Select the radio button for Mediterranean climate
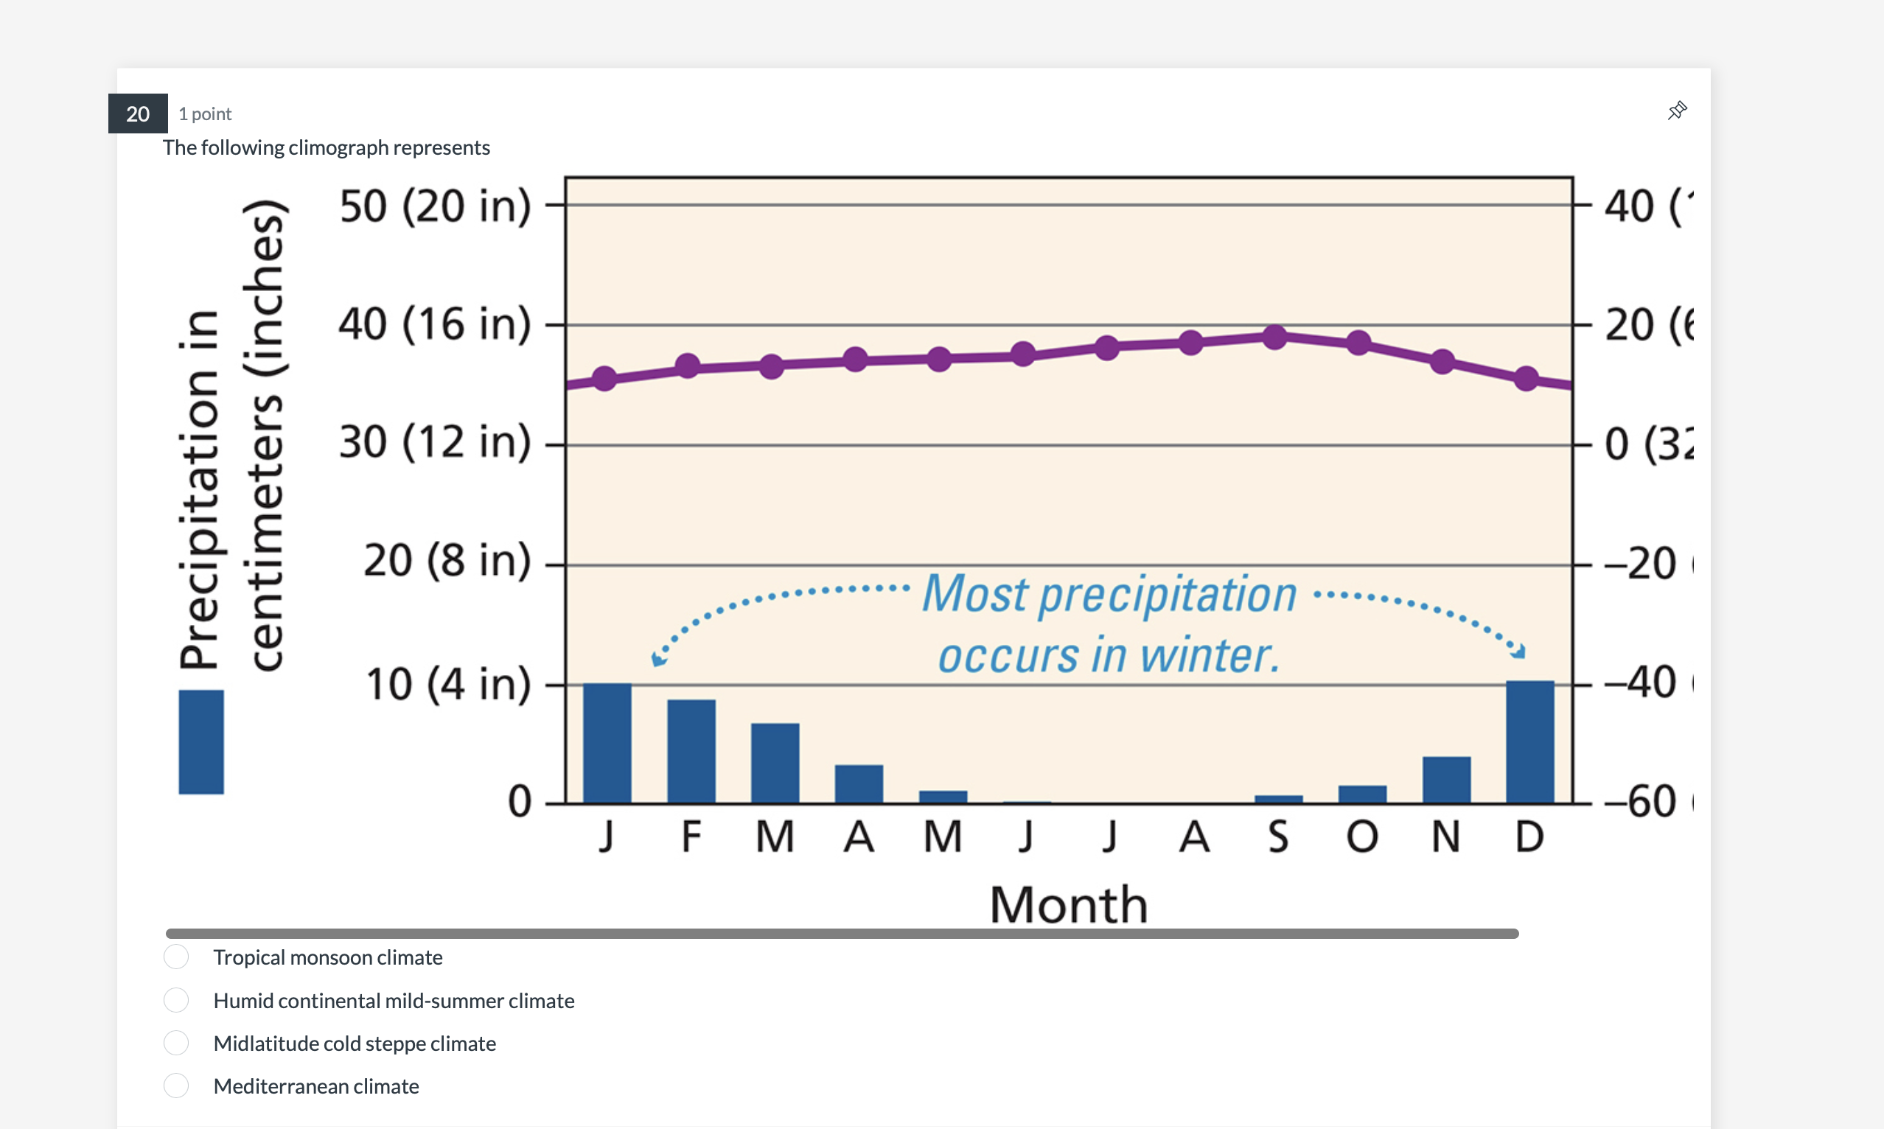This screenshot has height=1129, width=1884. click(x=175, y=1086)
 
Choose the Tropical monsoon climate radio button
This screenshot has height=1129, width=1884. click(x=175, y=957)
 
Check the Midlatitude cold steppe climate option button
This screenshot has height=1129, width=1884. click(x=175, y=1042)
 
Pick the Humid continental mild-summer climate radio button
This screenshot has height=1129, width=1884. click(x=175, y=1000)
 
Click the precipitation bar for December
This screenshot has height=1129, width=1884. click(x=1529, y=742)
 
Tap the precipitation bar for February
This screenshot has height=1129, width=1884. click(x=691, y=751)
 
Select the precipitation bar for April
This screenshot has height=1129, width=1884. click(x=858, y=783)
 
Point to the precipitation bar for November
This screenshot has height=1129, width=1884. click(x=1445, y=780)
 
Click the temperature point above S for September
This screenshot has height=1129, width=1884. click(x=1274, y=337)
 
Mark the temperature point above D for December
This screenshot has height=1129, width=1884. click(x=1526, y=378)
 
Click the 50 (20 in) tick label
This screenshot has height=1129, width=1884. click(x=434, y=206)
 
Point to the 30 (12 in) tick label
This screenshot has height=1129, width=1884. click(x=434, y=442)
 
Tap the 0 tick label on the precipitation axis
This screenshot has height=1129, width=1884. click(x=520, y=801)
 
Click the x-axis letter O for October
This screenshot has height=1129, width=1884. click(x=1362, y=837)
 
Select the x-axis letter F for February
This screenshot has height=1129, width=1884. click(x=691, y=837)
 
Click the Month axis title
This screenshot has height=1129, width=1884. click(x=1067, y=904)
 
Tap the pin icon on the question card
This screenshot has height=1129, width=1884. click(x=1677, y=111)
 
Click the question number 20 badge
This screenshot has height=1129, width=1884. click(x=138, y=113)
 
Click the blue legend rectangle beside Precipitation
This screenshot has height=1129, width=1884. click(x=201, y=742)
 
